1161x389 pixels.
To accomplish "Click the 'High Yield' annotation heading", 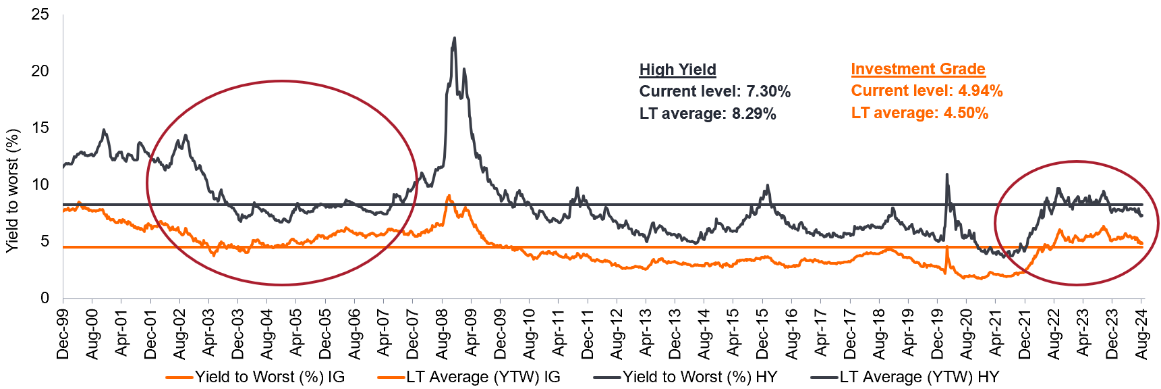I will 677,70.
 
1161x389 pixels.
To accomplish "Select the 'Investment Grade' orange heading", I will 917,69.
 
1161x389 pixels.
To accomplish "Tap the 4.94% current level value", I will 980,91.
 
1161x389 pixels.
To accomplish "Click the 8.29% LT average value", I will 754,113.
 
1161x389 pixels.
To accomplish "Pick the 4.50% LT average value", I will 965,113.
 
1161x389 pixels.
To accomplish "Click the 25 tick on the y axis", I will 40,14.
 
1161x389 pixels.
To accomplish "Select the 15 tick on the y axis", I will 40,128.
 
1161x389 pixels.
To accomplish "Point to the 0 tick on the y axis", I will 45,298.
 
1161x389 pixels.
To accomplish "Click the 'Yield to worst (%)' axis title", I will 11,191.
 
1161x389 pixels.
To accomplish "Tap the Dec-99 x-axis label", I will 63,332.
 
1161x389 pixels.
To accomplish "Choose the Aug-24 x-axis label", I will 1141,332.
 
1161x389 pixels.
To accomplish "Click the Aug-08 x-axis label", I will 442,332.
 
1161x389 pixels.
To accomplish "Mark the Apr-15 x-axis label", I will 733,332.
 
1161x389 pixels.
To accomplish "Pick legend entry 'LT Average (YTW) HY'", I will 919,377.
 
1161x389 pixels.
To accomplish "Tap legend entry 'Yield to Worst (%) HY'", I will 700,377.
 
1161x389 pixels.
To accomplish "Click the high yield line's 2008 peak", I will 455,38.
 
